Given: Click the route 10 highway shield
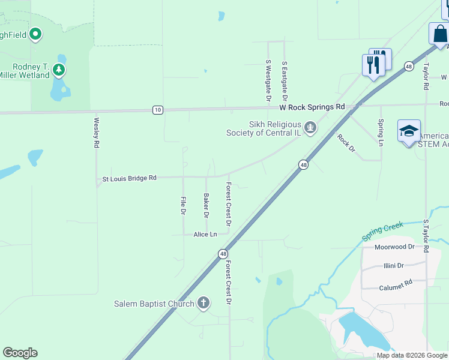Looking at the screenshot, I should (157, 109).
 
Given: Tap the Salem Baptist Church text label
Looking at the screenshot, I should (154, 304).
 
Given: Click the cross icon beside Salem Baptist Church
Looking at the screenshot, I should (203, 303).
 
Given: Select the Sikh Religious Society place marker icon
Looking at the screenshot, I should (310, 127).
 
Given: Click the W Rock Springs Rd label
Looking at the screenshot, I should (312, 107).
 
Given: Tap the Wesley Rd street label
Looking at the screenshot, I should (96, 132).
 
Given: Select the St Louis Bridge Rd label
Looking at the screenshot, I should (129, 178).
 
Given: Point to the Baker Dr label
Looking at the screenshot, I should (206, 205).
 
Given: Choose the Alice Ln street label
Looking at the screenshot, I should (205, 234).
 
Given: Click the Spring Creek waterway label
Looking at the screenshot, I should (382, 232).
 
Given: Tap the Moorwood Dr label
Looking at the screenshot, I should (394, 247).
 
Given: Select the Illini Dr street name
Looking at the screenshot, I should (393, 265).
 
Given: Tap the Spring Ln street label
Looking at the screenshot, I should (381, 133).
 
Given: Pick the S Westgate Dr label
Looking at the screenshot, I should (268, 80).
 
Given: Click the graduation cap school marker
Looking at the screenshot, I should (409, 131).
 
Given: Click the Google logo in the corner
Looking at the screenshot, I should (20, 353).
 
